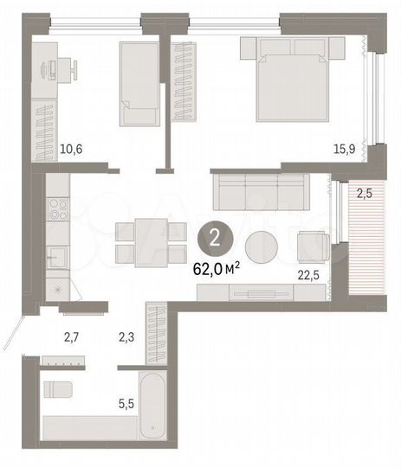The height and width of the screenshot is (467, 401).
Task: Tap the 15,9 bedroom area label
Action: coord(345,149)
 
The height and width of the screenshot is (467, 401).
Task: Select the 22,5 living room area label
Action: coord(308,277)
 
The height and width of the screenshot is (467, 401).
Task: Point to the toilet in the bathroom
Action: coord(59,388)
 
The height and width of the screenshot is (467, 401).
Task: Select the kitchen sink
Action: coord(57,257)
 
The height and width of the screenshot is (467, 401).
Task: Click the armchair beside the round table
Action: coord(312,246)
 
